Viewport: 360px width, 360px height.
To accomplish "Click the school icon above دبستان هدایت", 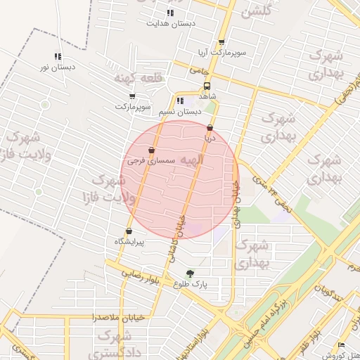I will click(170, 13).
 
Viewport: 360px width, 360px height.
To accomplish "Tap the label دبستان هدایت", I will click(170, 23).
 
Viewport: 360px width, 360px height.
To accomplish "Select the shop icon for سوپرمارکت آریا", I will click(221, 42).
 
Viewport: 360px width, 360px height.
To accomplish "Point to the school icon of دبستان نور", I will click(58, 57).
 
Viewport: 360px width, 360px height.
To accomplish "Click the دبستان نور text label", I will click(58, 68).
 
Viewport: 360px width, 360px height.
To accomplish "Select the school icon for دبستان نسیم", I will click(180, 101).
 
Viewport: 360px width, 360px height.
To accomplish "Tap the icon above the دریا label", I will click(209, 128).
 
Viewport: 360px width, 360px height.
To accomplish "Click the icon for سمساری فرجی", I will click(151, 150).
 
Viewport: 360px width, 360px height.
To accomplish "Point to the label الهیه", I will click(191, 161).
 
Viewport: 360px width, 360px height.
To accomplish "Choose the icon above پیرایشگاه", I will click(129, 231).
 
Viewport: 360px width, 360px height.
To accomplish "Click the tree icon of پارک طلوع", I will click(189, 274).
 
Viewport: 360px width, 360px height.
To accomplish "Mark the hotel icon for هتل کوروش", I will click(341, 345).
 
